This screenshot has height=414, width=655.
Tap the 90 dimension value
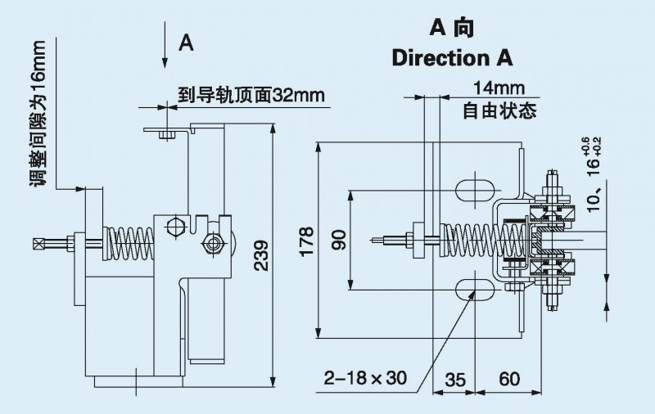click(339, 239)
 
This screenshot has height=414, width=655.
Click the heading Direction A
click(452, 58)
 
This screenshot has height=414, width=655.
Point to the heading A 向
click(452, 28)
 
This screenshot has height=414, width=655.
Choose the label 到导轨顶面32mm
click(251, 96)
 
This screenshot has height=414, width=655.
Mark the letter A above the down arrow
click(186, 43)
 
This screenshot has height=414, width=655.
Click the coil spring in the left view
click(131, 241)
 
